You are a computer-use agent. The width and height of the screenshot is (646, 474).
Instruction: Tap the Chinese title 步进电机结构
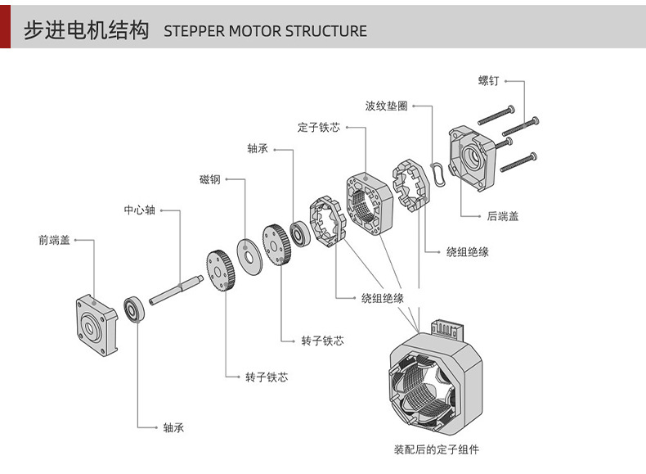click(x=86, y=31)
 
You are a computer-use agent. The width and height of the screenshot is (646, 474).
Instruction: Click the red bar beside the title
click(x=5, y=25)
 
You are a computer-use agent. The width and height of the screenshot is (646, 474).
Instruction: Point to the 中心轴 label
click(x=139, y=210)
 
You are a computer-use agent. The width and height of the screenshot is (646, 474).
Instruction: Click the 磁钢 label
click(x=209, y=179)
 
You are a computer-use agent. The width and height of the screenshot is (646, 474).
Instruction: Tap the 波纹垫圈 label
click(x=386, y=106)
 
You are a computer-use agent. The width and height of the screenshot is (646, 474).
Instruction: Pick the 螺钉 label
click(x=488, y=81)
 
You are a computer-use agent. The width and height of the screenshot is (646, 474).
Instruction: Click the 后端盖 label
click(x=502, y=216)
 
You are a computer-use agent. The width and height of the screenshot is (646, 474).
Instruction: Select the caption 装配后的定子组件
click(x=437, y=449)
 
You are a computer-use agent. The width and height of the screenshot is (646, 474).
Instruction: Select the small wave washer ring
click(x=440, y=174)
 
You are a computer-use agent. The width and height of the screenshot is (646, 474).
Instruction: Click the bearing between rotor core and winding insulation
click(x=300, y=232)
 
